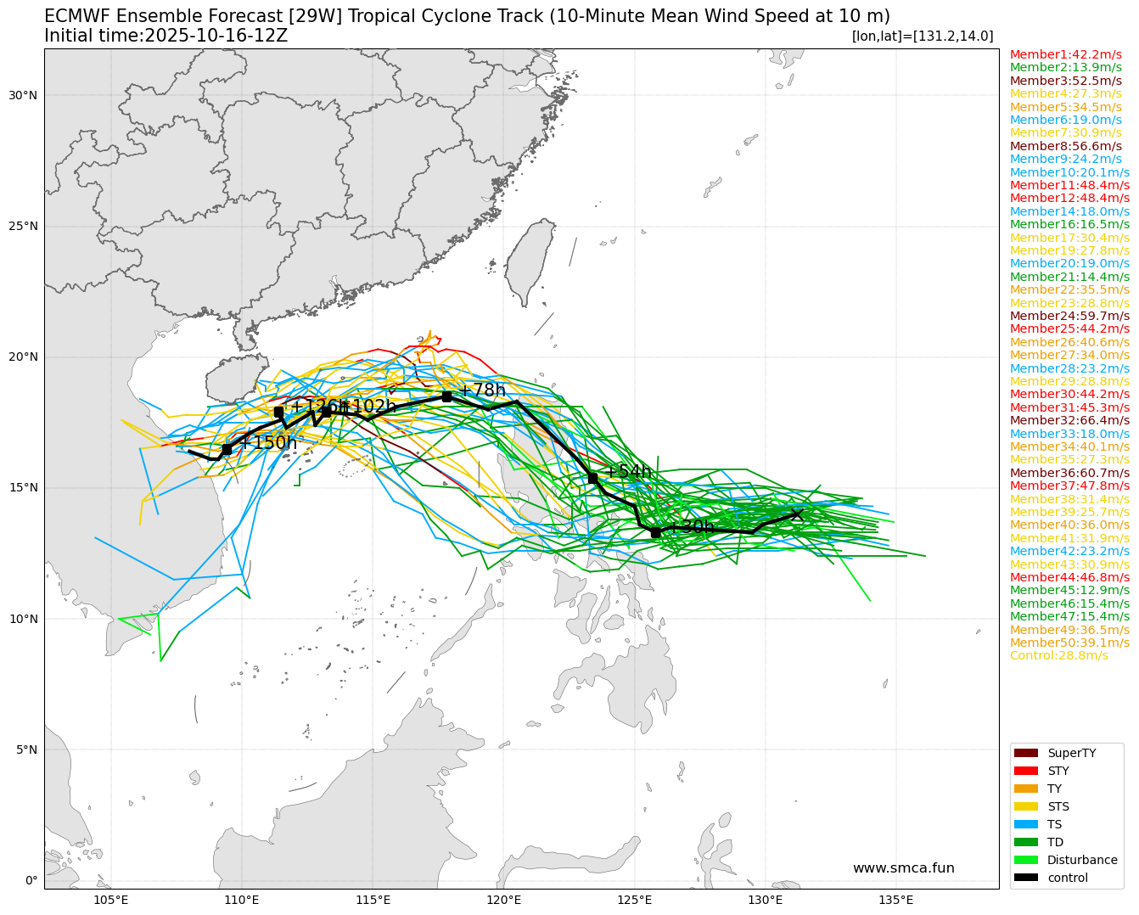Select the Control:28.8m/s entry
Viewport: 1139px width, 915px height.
(x=1058, y=655)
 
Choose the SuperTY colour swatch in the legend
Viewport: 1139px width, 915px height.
(x=1025, y=753)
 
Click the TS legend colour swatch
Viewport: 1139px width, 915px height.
(x=1025, y=824)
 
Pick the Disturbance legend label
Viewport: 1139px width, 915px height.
(x=1082, y=860)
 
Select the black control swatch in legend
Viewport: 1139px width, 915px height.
(x=1025, y=878)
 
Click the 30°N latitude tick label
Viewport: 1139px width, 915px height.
(x=24, y=95)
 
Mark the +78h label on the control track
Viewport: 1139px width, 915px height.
(x=481, y=390)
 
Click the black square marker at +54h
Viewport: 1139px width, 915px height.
(x=592, y=479)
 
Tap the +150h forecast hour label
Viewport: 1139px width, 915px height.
(x=267, y=442)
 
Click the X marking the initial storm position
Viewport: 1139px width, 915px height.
(x=796, y=514)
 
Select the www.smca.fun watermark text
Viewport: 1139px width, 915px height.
(x=903, y=868)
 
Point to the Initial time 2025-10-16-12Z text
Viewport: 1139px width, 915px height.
(x=166, y=36)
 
